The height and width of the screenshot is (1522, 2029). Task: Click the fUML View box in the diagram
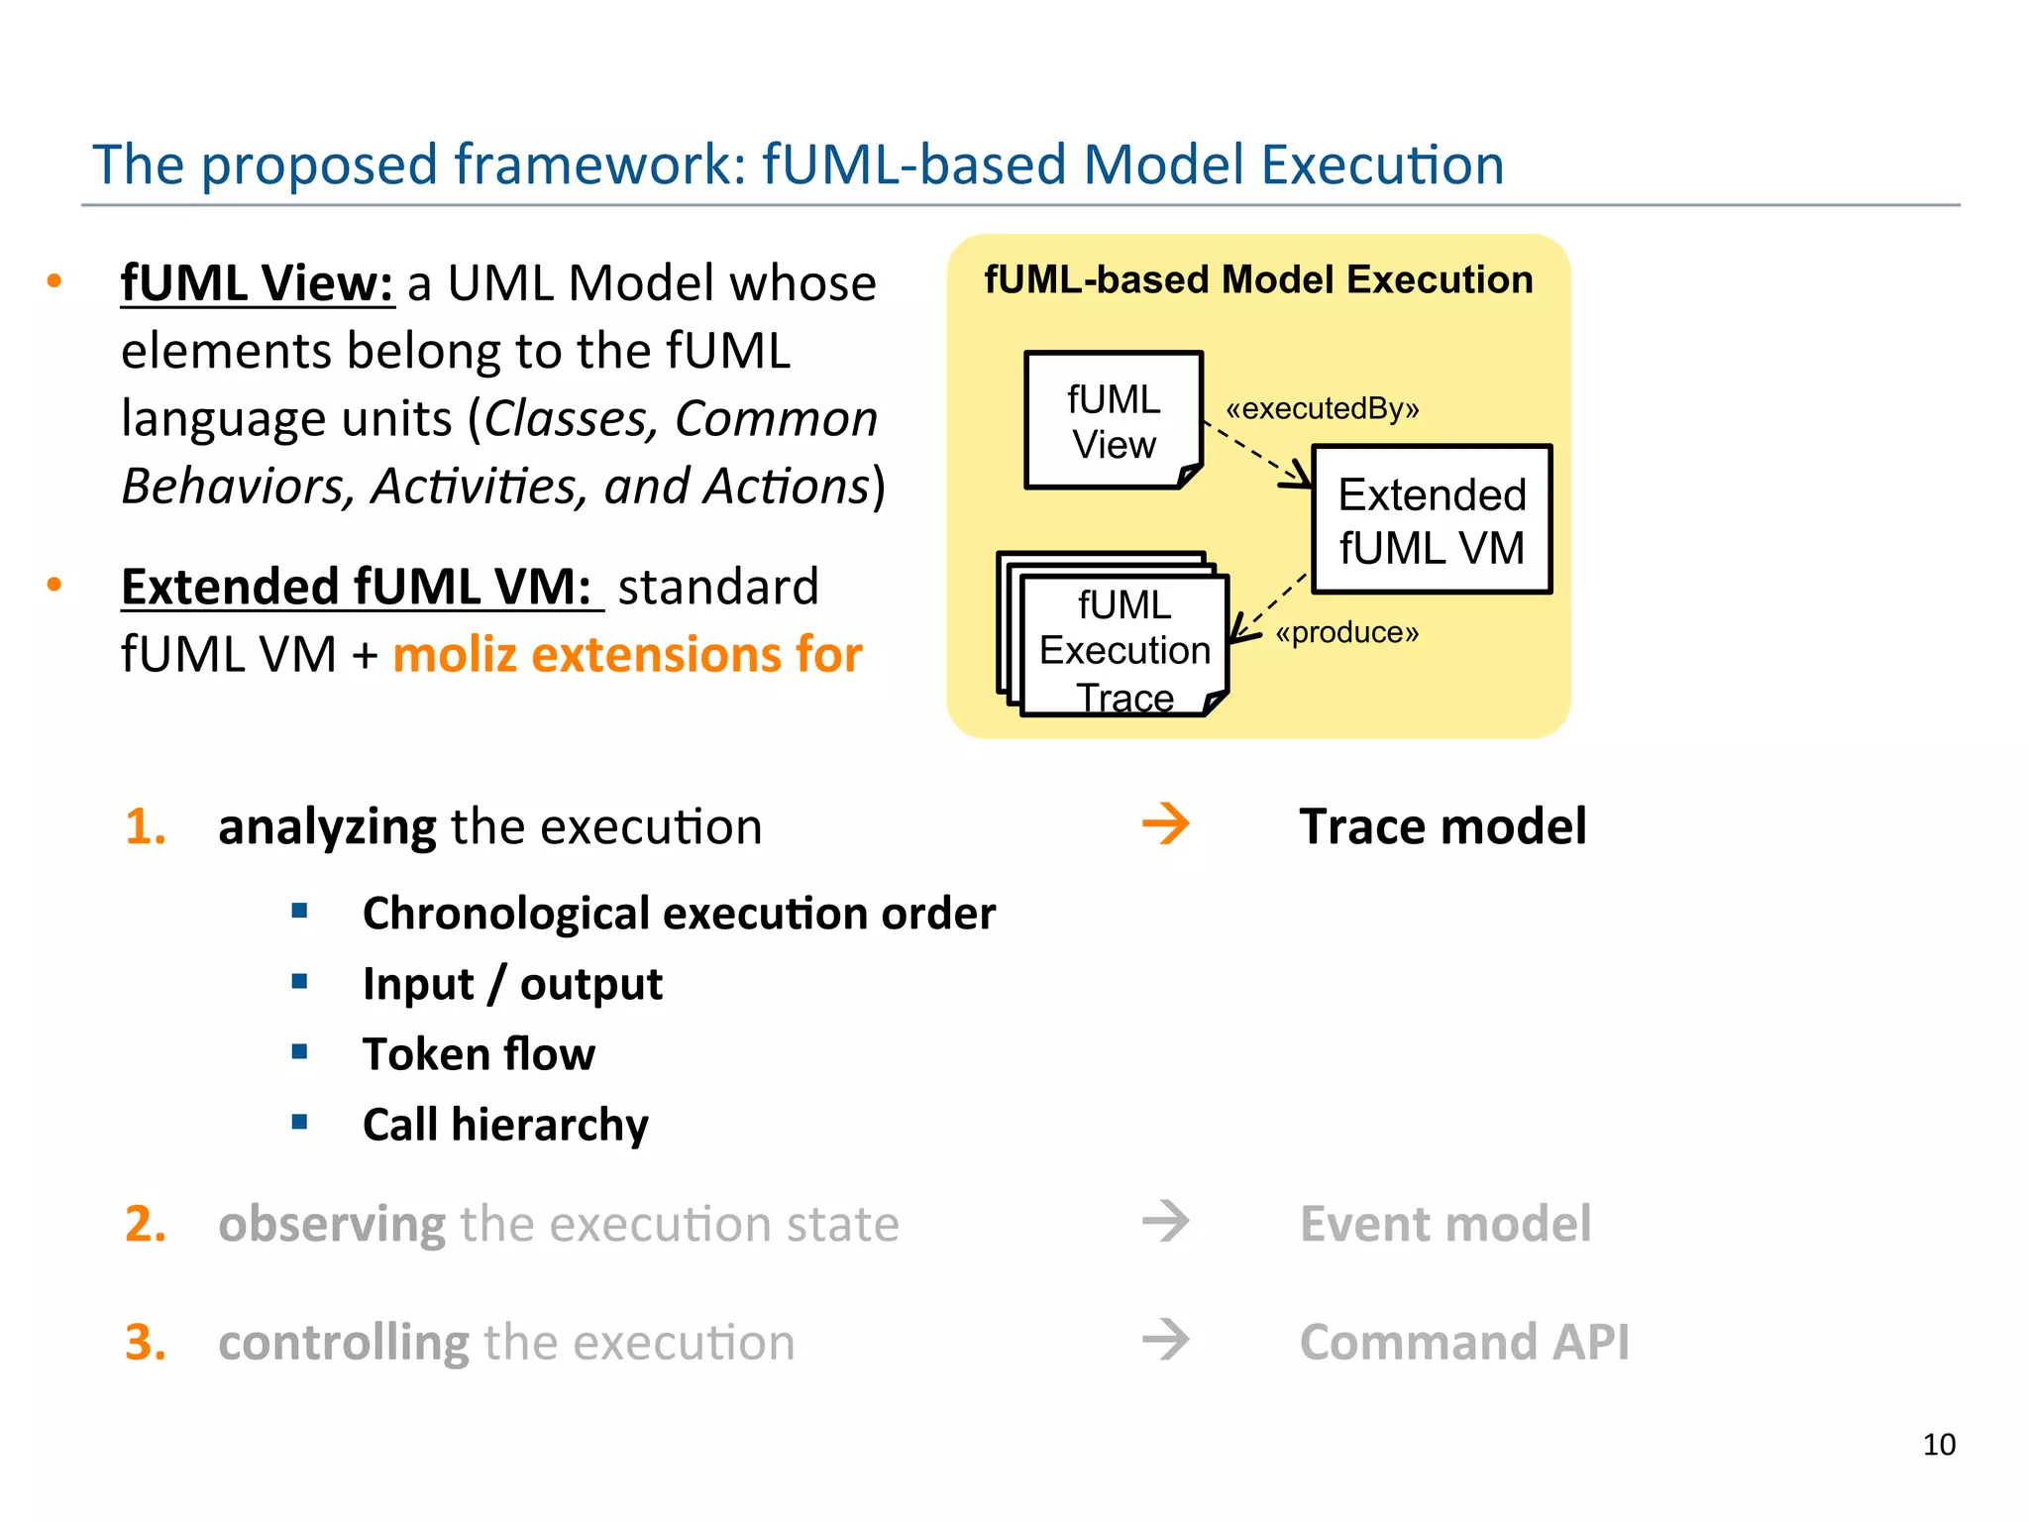tap(1114, 420)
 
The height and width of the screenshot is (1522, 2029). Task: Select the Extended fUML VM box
tap(1432, 520)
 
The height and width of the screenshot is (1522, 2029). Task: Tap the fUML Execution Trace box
tap(1124, 649)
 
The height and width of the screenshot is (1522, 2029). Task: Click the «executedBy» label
tap(1322, 408)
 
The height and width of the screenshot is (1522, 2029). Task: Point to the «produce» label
tap(1346, 632)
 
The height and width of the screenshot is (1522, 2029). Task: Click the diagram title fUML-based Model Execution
tap(1258, 280)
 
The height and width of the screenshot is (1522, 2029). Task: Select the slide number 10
tap(1939, 1445)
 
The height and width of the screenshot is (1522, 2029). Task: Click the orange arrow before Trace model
tap(1165, 824)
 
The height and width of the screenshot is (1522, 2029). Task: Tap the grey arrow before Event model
tap(1165, 1222)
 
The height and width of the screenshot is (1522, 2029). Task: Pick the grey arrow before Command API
tap(1165, 1341)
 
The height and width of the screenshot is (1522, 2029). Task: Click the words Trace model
tap(1442, 826)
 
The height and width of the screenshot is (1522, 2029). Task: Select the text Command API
tap(1463, 1343)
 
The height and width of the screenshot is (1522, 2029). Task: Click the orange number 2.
tap(145, 1224)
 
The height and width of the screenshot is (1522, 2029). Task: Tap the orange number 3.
tap(145, 1343)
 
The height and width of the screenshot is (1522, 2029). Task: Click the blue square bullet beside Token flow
tap(300, 1051)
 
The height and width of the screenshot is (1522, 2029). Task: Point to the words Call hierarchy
tap(505, 1125)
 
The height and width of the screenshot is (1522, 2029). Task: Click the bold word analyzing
tap(327, 827)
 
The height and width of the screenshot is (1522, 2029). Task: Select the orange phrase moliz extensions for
tap(627, 655)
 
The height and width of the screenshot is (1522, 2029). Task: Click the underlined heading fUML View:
tap(258, 283)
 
